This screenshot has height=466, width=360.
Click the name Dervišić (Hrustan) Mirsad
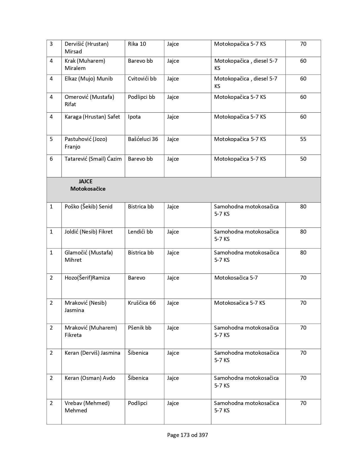86,47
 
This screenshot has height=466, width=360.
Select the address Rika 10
137,44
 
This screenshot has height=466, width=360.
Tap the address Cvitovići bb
142,79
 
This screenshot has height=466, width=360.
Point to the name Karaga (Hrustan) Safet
92,117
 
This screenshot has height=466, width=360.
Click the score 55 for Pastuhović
303,139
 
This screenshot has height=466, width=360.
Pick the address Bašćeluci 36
143,139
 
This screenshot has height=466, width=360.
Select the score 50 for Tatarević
303,159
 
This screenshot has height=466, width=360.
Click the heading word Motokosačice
88,189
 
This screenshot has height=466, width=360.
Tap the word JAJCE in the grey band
86,181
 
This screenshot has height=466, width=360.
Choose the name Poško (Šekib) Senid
88,206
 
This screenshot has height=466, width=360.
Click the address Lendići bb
140,232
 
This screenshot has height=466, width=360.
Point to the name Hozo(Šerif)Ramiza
87,278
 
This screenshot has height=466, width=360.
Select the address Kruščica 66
142,303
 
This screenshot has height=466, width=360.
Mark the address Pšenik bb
139,328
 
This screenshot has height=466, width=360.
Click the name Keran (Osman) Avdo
90,378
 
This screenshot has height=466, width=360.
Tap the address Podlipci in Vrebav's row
138,403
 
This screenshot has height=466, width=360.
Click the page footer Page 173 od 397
187,435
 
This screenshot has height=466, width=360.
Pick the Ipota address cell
134,117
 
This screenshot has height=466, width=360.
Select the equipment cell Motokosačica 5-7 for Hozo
236,278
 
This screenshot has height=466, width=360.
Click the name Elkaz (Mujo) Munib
89,79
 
